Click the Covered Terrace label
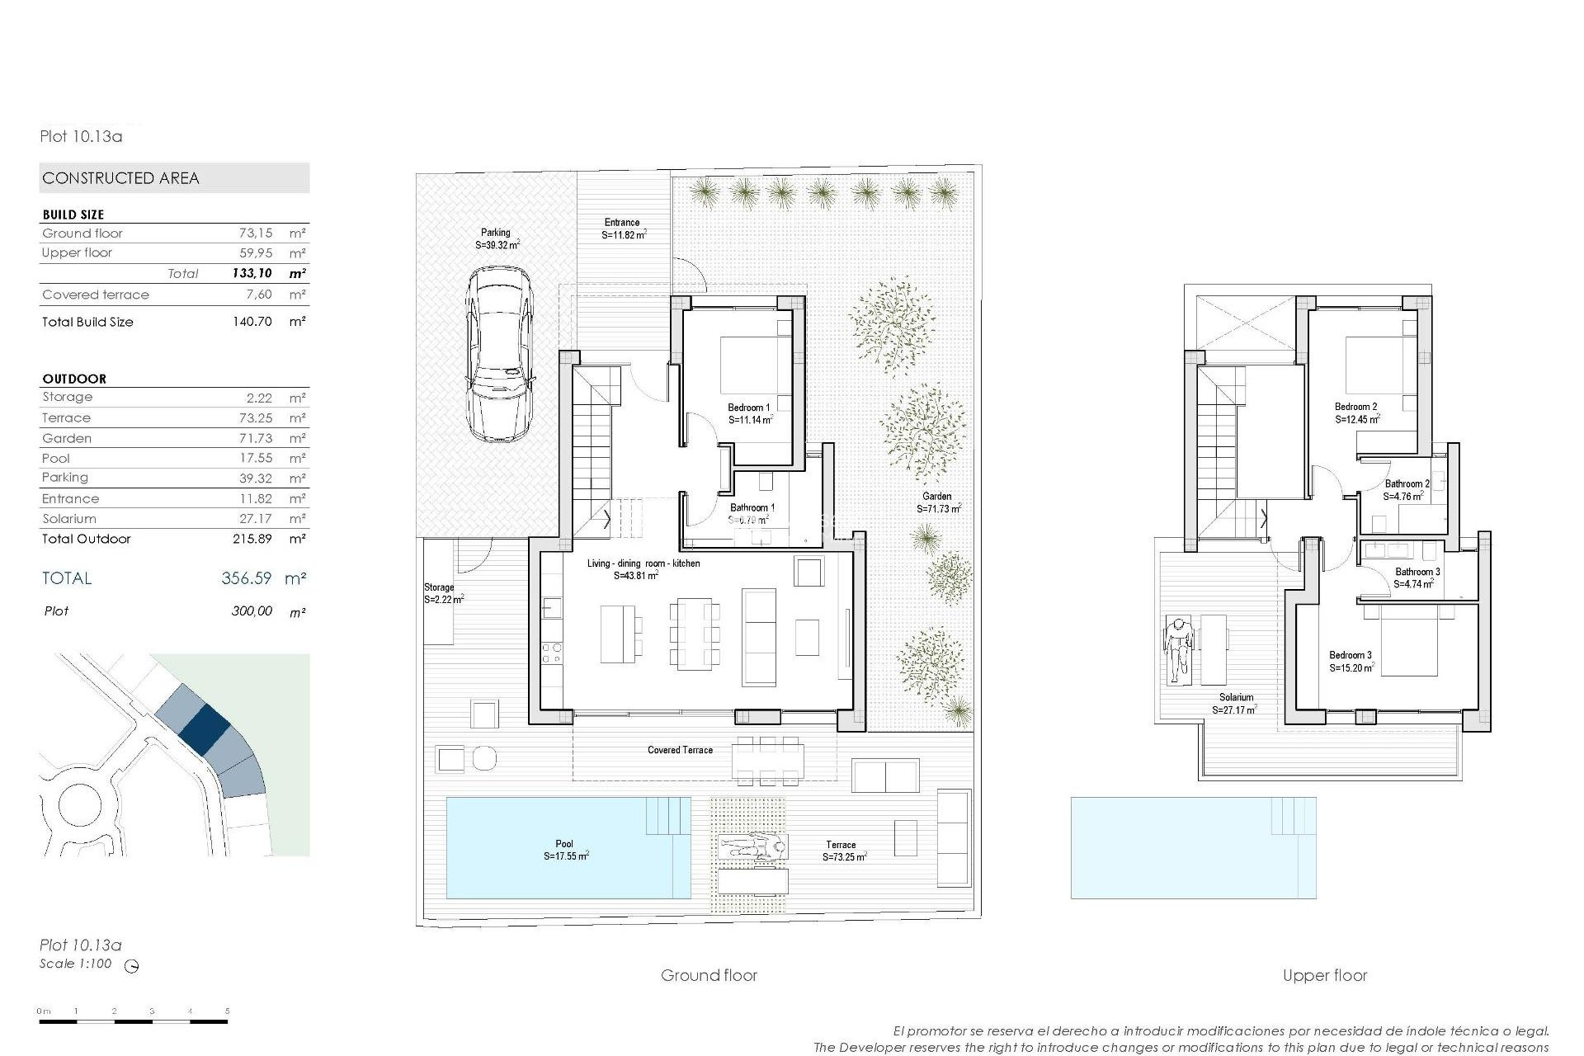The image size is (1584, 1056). (x=680, y=750)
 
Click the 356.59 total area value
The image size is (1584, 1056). (x=246, y=578)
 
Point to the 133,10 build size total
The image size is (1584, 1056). (x=252, y=273)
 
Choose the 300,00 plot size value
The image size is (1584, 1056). (x=252, y=611)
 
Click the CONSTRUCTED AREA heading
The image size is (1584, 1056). (x=120, y=178)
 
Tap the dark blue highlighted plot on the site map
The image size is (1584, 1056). (x=204, y=728)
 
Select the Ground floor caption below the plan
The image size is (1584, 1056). (x=709, y=975)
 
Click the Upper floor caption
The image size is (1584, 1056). (x=1324, y=975)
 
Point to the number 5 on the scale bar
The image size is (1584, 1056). (x=227, y=1011)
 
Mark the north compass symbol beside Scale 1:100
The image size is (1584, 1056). (x=131, y=966)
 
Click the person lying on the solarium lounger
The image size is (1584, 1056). (x=1178, y=648)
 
